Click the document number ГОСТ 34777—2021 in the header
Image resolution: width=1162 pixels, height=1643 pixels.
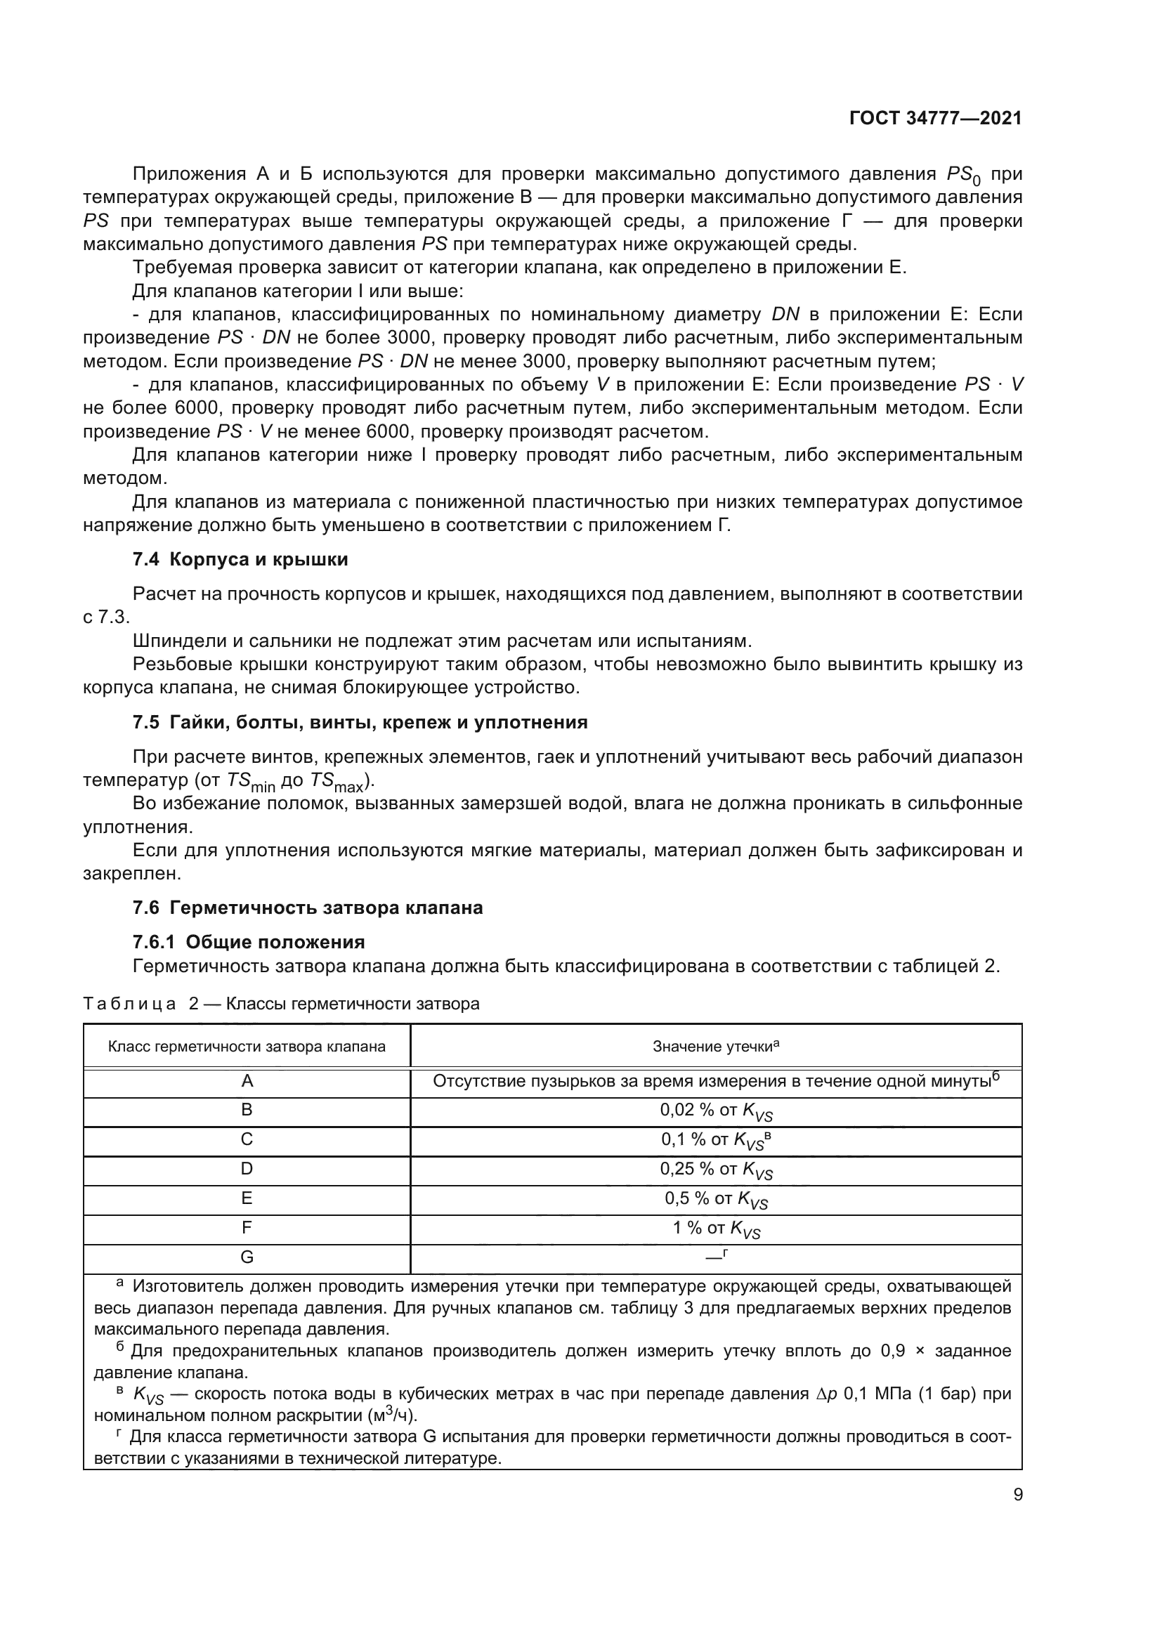coord(935,119)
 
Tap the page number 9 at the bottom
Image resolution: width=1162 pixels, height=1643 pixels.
coord(1017,1494)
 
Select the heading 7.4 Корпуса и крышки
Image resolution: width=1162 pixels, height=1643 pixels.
coord(240,560)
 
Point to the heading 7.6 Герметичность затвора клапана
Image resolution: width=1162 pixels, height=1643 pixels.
coord(308,908)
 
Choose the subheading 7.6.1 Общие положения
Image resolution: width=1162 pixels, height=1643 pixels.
coord(248,942)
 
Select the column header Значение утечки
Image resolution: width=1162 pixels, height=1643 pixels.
coord(715,1047)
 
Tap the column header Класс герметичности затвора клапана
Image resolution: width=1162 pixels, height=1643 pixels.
coord(247,1047)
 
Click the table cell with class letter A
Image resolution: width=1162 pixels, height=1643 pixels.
coord(247,1081)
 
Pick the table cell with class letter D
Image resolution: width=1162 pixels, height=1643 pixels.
coord(247,1170)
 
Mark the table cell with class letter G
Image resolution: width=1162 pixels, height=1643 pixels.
coord(247,1257)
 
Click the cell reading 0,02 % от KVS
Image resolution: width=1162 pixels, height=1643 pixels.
coord(715,1111)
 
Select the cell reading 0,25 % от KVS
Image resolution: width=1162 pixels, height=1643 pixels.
coord(715,1170)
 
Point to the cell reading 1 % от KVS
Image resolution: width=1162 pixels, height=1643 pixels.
coord(715,1229)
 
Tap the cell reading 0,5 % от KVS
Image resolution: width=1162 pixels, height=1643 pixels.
coord(715,1199)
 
